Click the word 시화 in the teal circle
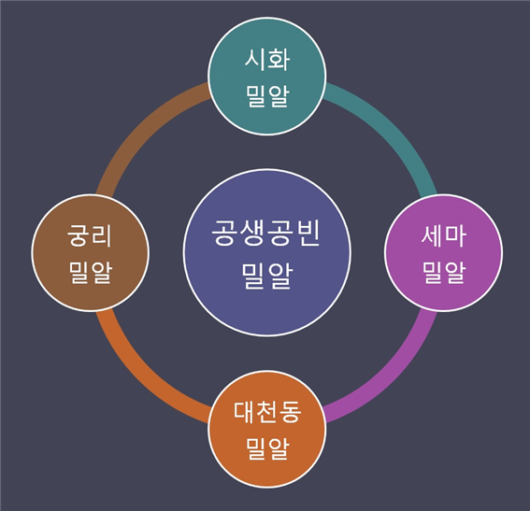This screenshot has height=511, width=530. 267,60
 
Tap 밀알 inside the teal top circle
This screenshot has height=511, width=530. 267,96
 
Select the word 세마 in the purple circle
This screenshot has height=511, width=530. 443,236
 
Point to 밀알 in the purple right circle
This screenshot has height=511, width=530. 443,272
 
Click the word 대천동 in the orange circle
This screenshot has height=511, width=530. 267,412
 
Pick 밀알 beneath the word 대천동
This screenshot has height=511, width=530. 267,448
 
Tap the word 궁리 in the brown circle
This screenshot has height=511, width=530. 90,235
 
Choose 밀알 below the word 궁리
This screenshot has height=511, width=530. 91,272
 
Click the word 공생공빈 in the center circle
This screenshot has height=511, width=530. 266,233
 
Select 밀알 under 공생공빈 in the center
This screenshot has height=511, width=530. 267,276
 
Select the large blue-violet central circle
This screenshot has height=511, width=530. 267,252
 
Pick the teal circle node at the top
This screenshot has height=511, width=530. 267,77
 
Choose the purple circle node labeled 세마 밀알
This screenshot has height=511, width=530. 443,252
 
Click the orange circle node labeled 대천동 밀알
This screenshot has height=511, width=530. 267,429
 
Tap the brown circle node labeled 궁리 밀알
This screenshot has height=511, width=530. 91,252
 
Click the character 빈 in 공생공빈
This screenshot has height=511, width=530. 307,233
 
